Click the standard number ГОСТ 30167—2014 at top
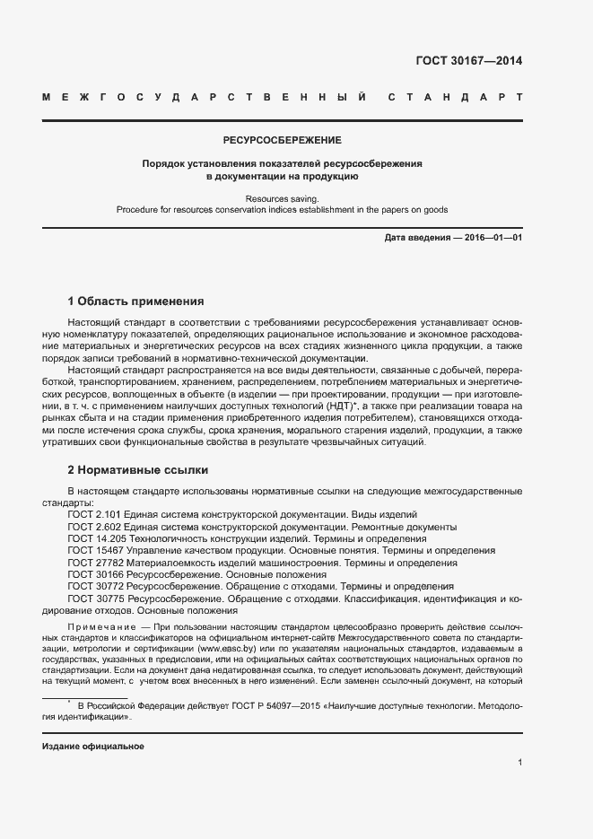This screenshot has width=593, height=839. tap(469, 62)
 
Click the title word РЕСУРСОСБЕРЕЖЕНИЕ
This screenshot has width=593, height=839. tap(283, 141)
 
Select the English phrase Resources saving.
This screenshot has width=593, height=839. tap(283, 197)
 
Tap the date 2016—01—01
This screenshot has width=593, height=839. tap(493, 238)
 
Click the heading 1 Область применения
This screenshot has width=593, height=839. tap(135, 302)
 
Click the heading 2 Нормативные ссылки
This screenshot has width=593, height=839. tap(137, 469)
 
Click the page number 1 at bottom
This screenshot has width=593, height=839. tap(519, 763)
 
